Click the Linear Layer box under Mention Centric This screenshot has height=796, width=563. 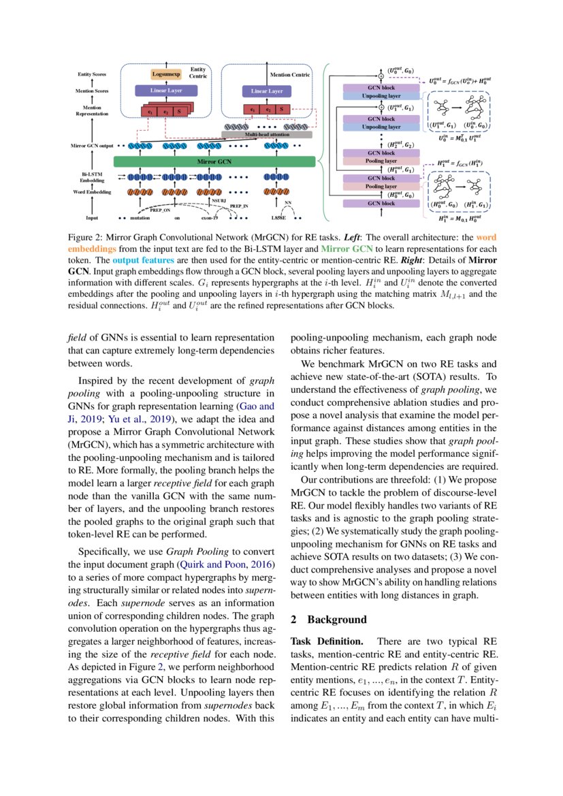click(267, 91)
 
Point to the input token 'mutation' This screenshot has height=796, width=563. click(140, 218)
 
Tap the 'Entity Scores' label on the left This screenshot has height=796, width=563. click(93, 74)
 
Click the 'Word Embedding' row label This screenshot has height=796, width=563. click(93, 193)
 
